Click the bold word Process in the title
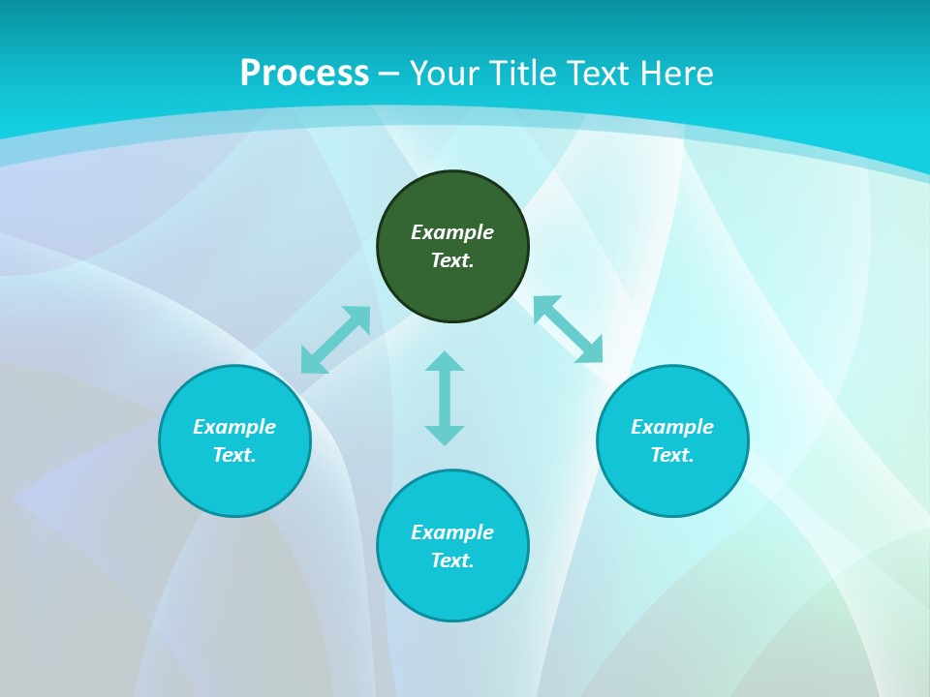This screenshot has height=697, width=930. coord(304,74)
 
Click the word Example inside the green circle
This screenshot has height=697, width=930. coord(452,232)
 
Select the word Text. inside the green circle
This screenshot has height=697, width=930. coord(452,260)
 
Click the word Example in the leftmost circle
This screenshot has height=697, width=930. coord(234,427)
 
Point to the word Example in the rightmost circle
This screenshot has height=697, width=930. coord(672,427)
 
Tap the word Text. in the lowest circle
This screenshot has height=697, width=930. coord(452,561)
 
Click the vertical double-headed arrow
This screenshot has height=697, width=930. coord(445,398)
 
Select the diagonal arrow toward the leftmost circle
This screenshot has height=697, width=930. coord(335,340)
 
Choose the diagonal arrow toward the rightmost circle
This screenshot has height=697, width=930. coord(568,329)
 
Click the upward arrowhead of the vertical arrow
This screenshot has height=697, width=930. coord(445,361)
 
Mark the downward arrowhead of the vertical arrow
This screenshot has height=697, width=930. coord(445,436)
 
